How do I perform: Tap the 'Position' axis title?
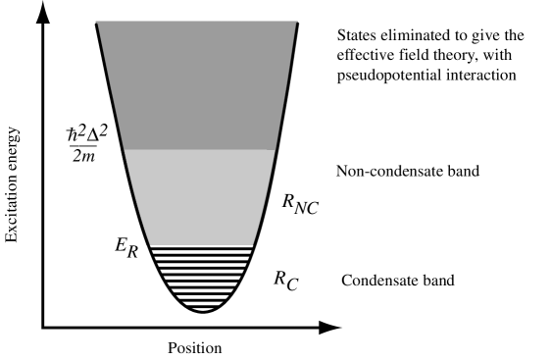[x=194, y=347]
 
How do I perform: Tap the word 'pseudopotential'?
[x=384, y=73]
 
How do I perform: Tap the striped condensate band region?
[x=201, y=275]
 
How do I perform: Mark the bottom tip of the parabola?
[x=202, y=311]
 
